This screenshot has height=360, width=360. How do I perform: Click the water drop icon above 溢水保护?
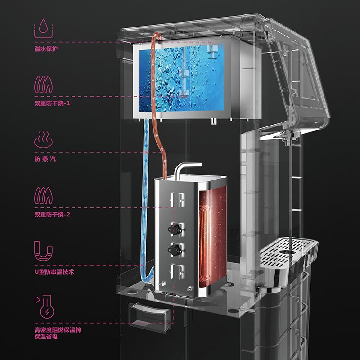pyautogui.click(x=43, y=28)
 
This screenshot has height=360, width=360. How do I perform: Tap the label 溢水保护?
pyautogui.click(x=46, y=49)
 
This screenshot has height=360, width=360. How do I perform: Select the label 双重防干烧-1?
pyautogui.click(x=52, y=103)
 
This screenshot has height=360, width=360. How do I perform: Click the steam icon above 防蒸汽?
pyautogui.click(x=43, y=140)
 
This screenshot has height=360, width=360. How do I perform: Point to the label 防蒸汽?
pyautogui.click(x=45, y=159)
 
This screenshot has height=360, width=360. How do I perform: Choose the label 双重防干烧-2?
pyautogui.click(x=52, y=215)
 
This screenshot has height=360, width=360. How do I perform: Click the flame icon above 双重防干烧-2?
pyautogui.click(x=43, y=195)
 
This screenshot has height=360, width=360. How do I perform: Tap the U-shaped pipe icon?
pyautogui.click(x=43, y=251)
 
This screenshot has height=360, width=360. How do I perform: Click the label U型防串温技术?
pyautogui.click(x=54, y=272)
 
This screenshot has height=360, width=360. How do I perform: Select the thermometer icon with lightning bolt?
pyautogui.click(x=45, y=307)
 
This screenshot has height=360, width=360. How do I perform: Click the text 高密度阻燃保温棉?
pyautogui.click(x=58, y=330)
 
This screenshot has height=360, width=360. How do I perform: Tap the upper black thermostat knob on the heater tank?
pyautogui.click(x=175, y=229)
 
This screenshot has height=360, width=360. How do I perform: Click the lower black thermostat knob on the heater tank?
pyautogui.click(x=175, y=250)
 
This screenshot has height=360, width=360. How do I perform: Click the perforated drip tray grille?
pyautogui.click(x=287, y=252)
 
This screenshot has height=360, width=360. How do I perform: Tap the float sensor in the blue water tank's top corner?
pyautogui.click(x=213, y=52)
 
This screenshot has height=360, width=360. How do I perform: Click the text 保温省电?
pyautogui.click(x=46, y=337)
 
